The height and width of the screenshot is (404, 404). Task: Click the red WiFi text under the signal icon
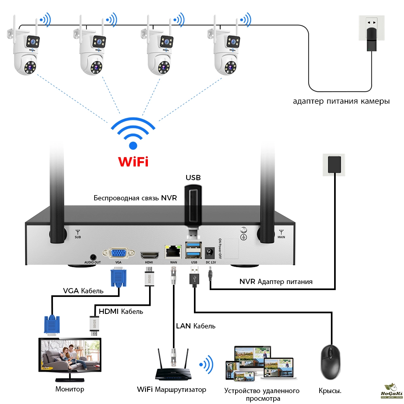tap(133, 162)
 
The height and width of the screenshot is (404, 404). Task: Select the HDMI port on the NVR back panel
tap(149, 255)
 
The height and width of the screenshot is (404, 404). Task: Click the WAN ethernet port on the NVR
tap(173, 252)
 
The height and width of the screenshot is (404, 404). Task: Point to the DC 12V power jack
tap(210, 253)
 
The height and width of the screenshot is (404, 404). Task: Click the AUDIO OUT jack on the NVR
tap(93, 256)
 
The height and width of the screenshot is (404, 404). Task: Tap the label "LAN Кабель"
tap(196, 326)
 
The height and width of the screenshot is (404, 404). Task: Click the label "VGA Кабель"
tap(83, 291)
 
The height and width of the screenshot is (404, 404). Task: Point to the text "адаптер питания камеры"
tap(341, 101)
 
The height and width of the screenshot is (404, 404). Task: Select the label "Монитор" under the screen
tap(70, 389)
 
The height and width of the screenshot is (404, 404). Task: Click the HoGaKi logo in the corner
tap(390, 391)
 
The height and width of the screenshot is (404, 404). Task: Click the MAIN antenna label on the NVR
tap(282, 234)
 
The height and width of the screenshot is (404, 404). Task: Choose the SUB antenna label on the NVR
tap(78, 234)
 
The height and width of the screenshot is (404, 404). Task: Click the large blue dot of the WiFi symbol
tap(133, 145)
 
